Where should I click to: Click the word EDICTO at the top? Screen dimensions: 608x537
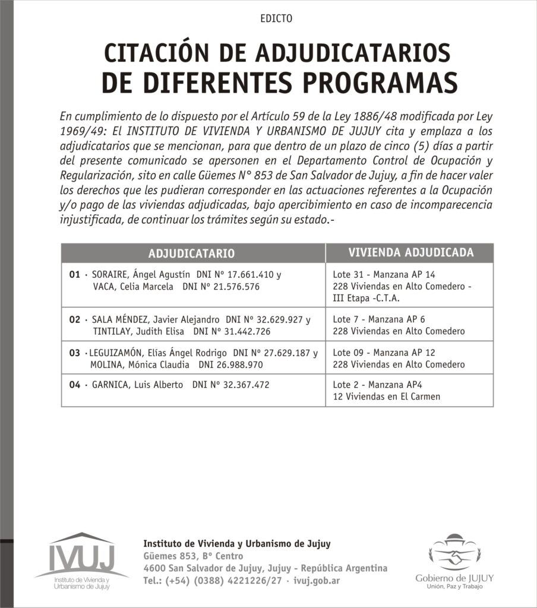276,18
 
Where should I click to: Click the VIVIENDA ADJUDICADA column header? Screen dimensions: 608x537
411,252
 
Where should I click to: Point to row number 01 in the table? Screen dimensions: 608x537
74,275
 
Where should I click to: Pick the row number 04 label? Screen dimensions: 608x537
74,385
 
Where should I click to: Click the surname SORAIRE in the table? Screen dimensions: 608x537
110,275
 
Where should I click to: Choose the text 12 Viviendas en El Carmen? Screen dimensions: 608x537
387,396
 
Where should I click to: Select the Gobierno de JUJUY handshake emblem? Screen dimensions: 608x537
456,553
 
